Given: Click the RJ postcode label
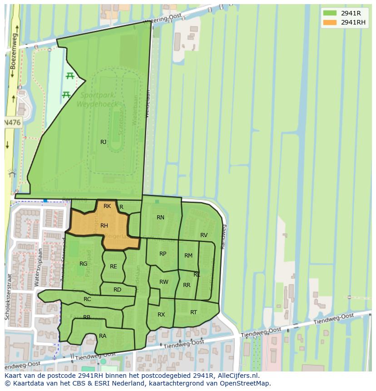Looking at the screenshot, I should pos(104,142).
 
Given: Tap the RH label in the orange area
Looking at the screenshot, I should pos(104,226).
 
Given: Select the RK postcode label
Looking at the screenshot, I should pos(107,206).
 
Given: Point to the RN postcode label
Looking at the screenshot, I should pos(160,218).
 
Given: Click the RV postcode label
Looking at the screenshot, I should pos(204,235).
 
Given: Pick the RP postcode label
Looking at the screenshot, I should pos(163,254).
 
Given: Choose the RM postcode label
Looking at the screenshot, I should pos(188,256).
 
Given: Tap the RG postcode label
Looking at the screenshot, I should pos(83,264).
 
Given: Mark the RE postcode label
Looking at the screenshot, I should pos(114,267).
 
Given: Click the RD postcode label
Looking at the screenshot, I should pos(117,290).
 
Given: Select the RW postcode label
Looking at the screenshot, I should pos(164,282).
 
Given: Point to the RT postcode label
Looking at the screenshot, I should pos(194,312).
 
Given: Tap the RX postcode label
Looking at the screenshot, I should pos(161,315).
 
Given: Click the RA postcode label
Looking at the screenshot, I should pos(103,336).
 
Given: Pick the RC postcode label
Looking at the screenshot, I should pos(87,299).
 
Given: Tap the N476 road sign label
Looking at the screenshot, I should pos(13,123).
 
